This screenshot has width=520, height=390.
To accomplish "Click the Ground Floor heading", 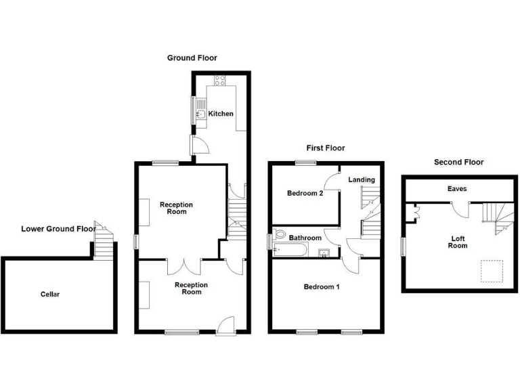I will [192, 58].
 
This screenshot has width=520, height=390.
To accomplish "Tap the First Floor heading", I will [326, 148].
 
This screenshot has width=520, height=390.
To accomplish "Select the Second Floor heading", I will [459, 162].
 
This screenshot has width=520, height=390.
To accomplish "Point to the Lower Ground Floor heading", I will [58, 229].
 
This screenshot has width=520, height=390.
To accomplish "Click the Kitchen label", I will [221, 114].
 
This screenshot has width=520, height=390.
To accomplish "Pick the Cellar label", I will [50, 294].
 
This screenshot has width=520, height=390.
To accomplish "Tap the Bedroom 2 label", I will [305, 193].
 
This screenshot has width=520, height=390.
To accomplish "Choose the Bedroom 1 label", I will [322, 287].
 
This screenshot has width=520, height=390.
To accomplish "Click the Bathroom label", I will [305, 238].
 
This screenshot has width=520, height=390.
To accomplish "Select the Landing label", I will [361, 179].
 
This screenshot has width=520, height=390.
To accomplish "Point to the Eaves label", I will [457, 189].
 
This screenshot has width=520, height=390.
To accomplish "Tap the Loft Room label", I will [458, 242].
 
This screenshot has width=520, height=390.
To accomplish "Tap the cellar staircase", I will [102, 241].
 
